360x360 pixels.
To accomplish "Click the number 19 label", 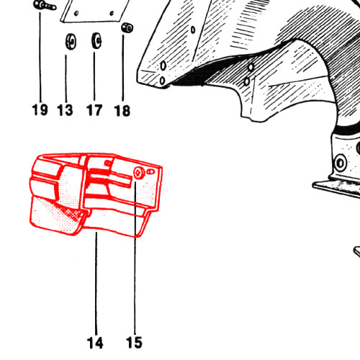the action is (x=40, y=109).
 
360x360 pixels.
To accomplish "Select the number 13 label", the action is (x=65, y=110).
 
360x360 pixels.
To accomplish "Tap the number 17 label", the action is (x=94, y=110).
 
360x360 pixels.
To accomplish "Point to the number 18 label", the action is (x=122, y=111).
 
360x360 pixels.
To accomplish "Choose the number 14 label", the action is (x=95, y=343).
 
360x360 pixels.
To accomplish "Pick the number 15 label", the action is (x=134, y=343).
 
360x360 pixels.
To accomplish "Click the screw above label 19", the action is (x=45, y=6).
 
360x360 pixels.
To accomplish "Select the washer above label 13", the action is (x=71, y=42).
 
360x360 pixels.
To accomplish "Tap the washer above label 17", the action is (x=96, y=40).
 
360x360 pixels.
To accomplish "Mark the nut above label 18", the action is (x=127, y=27).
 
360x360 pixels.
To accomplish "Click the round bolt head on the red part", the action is (x=139, y=173).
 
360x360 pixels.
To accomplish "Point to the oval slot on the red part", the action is (x=150, y=171).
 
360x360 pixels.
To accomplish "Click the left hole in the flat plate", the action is (x=76, y=14).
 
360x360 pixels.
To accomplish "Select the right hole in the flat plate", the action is (x=112, y=13).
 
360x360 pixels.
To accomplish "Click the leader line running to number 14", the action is (x=96, y=283).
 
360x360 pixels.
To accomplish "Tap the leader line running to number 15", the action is (x=135, y=258).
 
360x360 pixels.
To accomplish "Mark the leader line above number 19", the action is (x=40, y=57).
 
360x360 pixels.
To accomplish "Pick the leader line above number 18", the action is (x=123, y=68).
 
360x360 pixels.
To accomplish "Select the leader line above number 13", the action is (x=66, y=78).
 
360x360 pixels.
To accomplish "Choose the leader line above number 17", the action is (x=94, y=76).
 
